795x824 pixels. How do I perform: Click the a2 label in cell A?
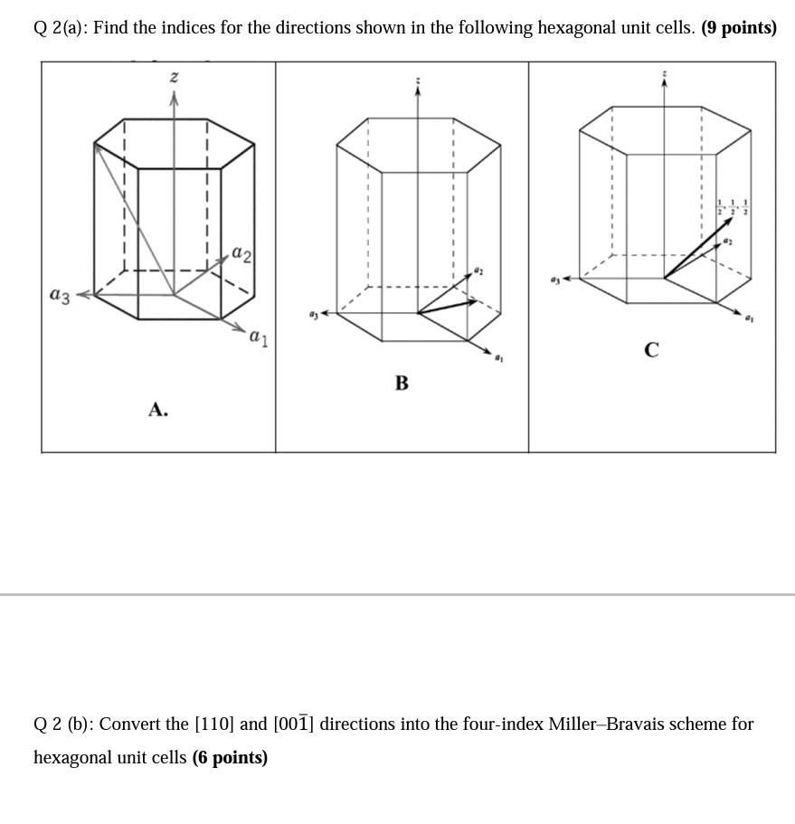click(242, 254)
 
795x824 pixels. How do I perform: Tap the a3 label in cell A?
click(60, 294)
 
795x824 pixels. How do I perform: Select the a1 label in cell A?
click(259, 338)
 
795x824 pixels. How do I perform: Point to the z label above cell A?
click(175, 79)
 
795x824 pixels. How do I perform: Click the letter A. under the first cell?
click(158, 411)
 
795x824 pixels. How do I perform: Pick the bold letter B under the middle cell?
click(402, 384)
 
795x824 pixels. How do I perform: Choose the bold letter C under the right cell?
click(651, 349)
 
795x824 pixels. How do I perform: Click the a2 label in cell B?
click(479, 270)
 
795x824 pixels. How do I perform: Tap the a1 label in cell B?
click(498, 358)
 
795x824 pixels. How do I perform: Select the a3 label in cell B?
click(313, 314)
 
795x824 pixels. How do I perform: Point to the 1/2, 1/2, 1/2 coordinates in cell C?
click(732, 206)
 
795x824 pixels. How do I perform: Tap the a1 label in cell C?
click(748, 318)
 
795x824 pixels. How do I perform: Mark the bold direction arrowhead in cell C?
click(728, 222)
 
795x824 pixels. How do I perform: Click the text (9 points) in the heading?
click(739, 28)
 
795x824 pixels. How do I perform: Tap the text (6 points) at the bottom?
click(230, 758)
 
